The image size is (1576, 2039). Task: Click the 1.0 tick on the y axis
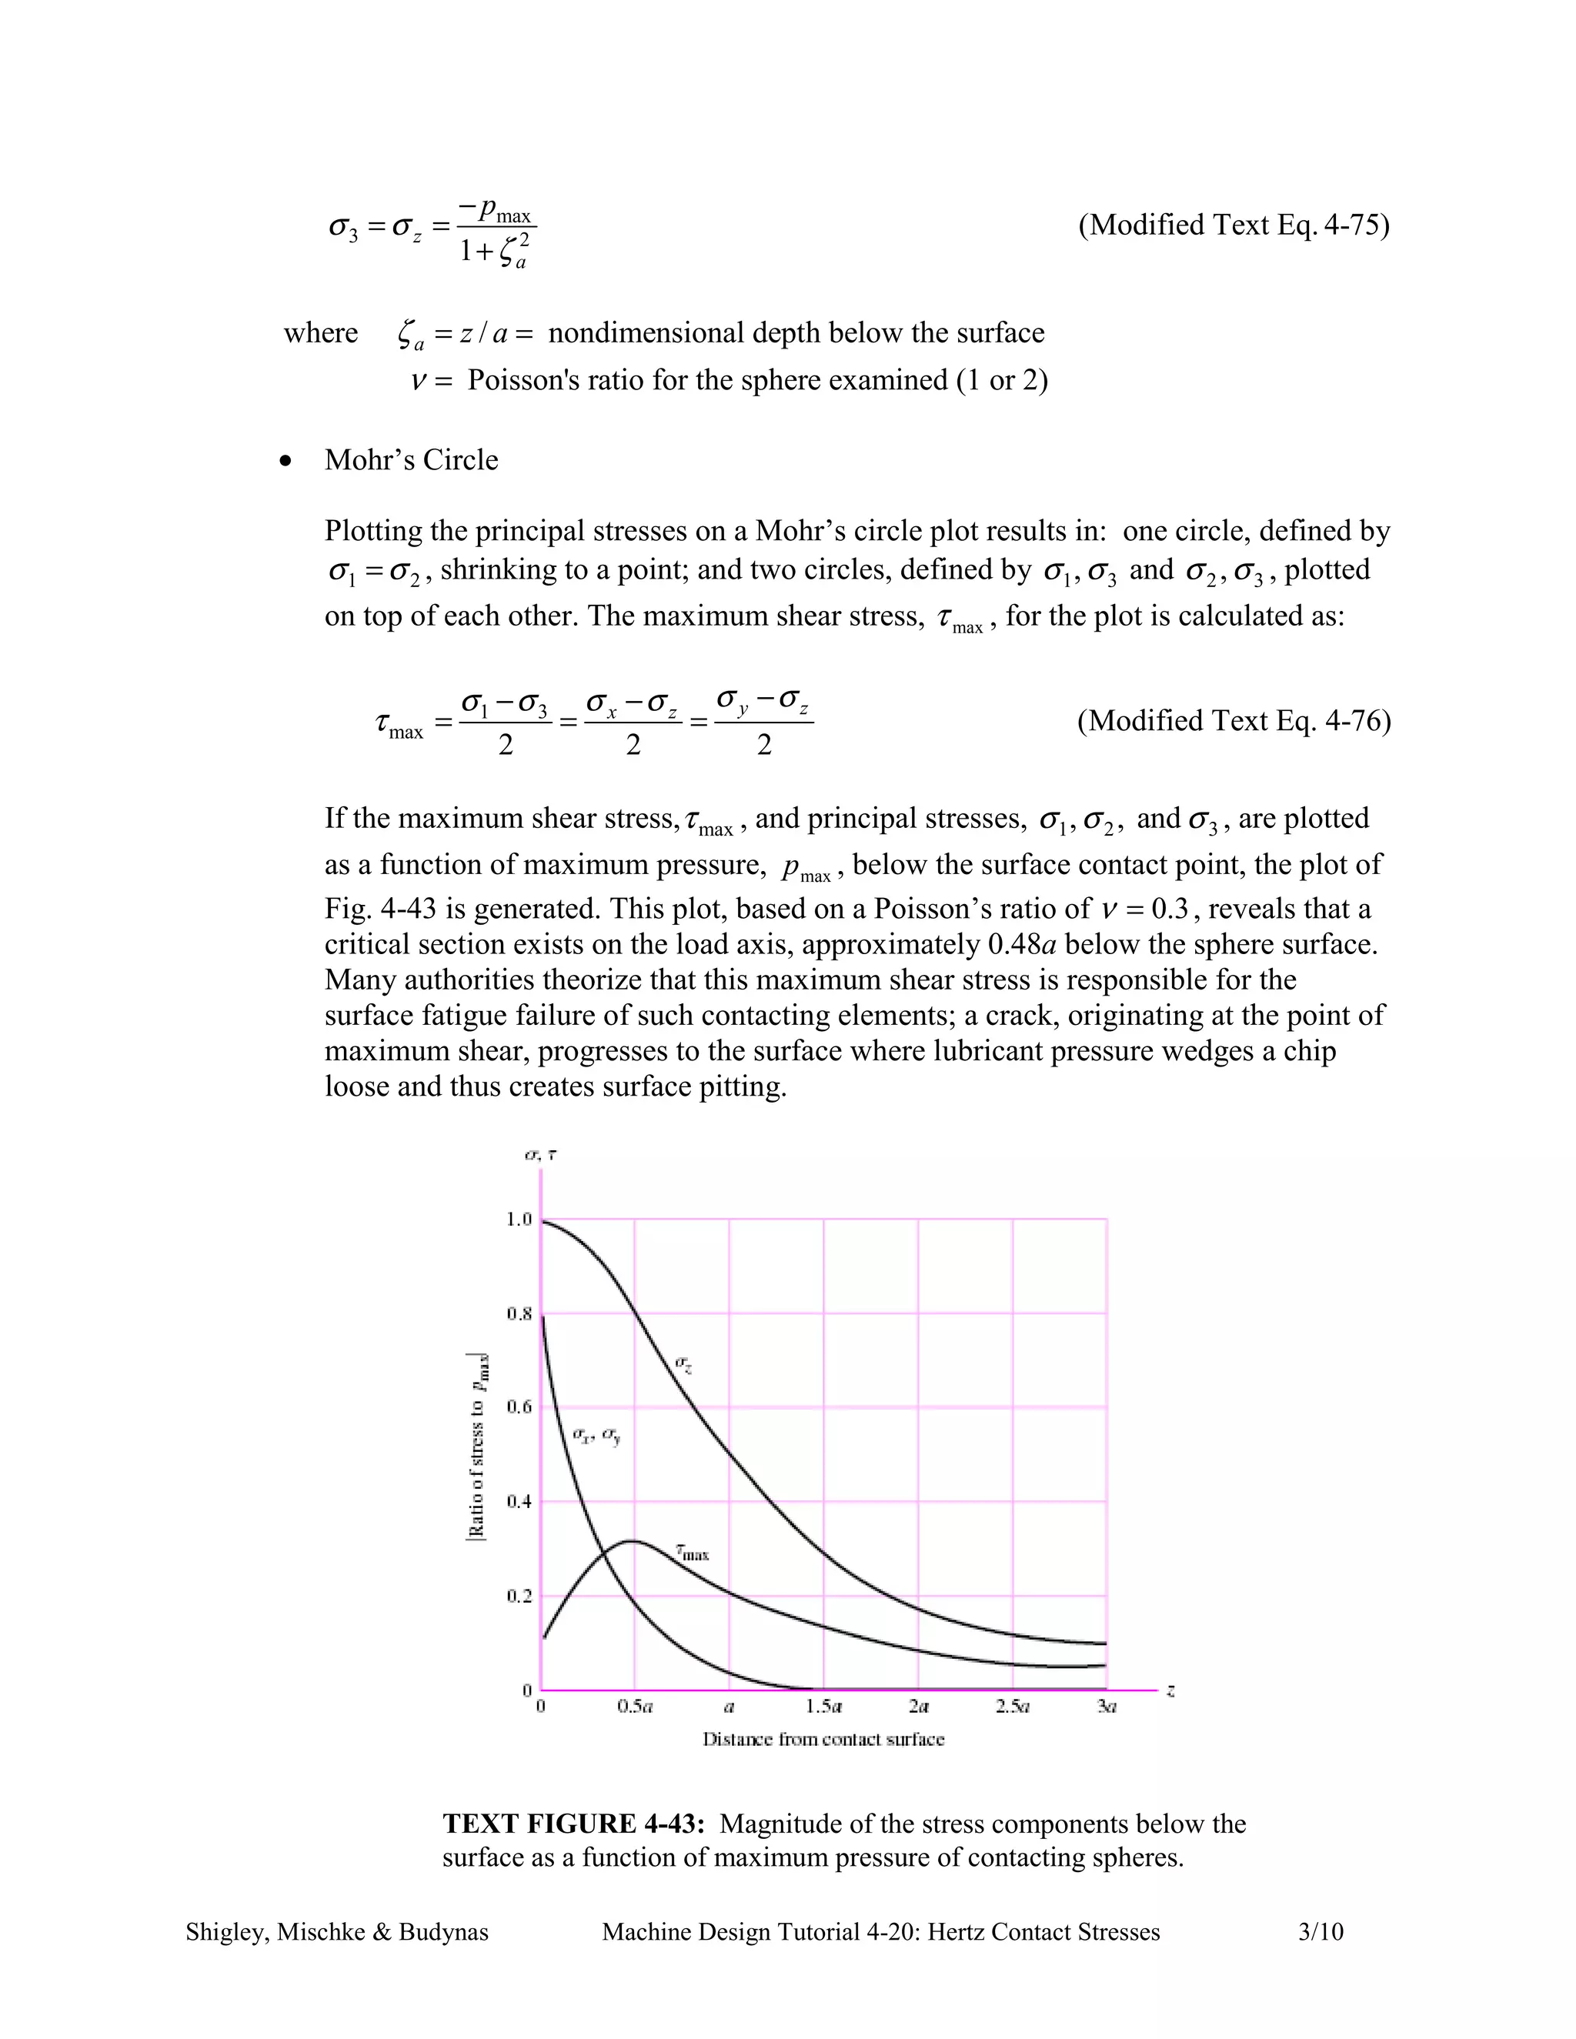click(x=518, y=1220)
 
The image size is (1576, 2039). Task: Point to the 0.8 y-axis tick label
click(x=518, y=1313)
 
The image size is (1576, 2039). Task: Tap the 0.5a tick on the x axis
click(x=635, y=1707)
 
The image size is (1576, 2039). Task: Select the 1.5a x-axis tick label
click(x=823, y=1707)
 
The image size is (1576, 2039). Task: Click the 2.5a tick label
click(x=1012, y=1707)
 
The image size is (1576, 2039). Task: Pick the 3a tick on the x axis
click(x=1107, y=1707)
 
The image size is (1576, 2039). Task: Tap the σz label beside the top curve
click(x=683, y=1364)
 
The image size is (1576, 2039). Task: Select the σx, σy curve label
click(x=596, y=1435)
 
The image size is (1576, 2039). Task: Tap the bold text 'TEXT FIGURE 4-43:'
click(x=573, y=1824)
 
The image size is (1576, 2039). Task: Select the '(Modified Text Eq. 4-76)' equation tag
click(x=1234, y=721)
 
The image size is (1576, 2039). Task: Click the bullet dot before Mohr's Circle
click(x=285, y=461)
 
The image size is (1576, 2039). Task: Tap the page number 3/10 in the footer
click(x=1321, y=1931)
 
